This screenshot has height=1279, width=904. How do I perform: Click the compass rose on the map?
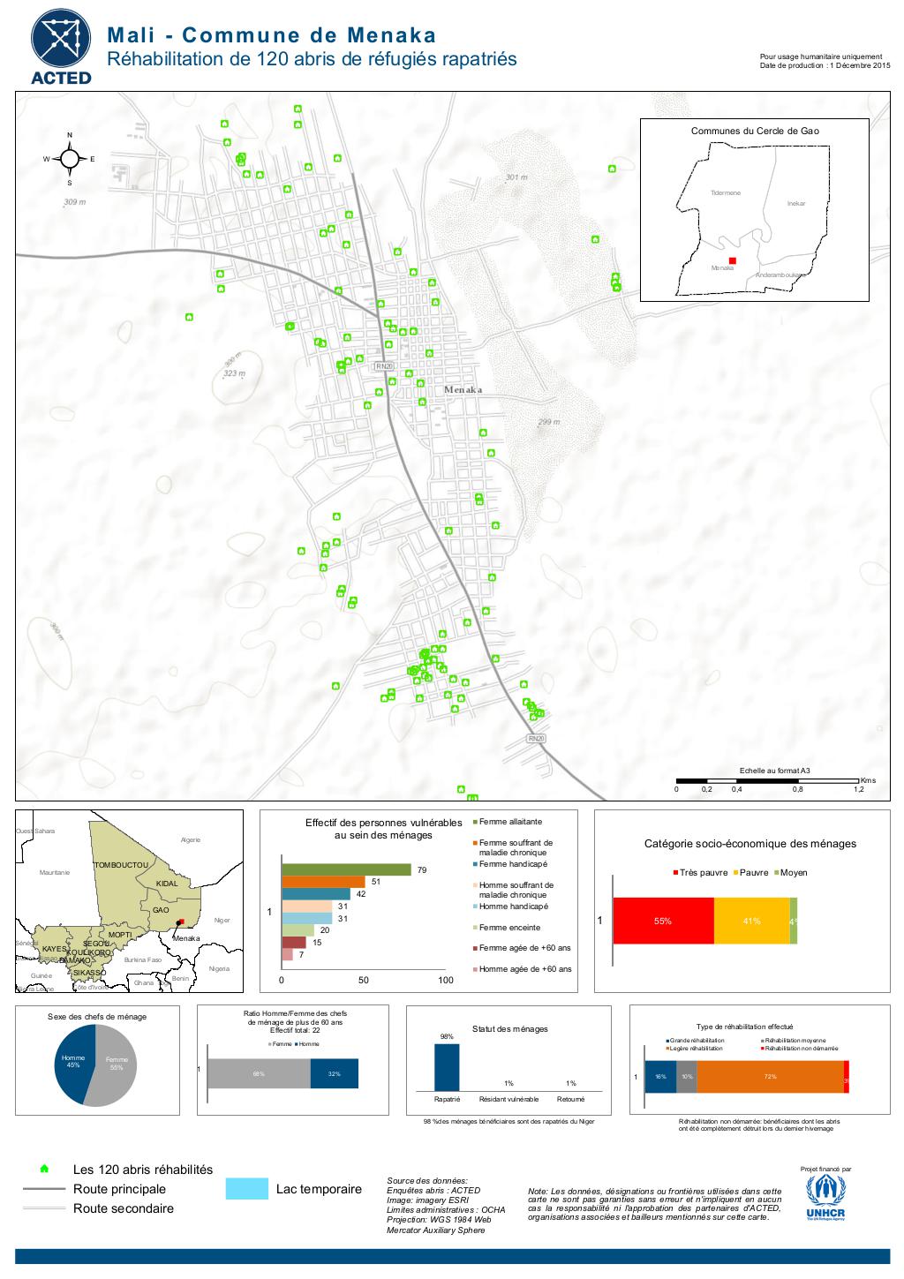70,159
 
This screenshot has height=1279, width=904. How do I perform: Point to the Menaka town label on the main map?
463,389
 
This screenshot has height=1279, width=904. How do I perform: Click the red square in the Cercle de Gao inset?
733,260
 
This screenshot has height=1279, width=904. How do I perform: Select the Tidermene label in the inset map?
725,192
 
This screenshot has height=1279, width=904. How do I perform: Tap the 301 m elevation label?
517,178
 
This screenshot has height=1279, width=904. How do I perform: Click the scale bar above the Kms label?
766,781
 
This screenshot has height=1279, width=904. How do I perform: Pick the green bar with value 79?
346,870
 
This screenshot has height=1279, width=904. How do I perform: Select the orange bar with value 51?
323,882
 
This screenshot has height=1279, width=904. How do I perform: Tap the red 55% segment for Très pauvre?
663,921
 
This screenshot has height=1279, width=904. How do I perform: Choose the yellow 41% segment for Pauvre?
751,921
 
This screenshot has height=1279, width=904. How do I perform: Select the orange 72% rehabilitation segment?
770,1077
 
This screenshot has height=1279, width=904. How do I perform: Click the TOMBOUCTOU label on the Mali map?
120,865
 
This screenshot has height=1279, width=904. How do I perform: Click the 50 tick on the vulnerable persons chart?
364,980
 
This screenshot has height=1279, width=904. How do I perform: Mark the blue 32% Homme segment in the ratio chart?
334,1073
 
